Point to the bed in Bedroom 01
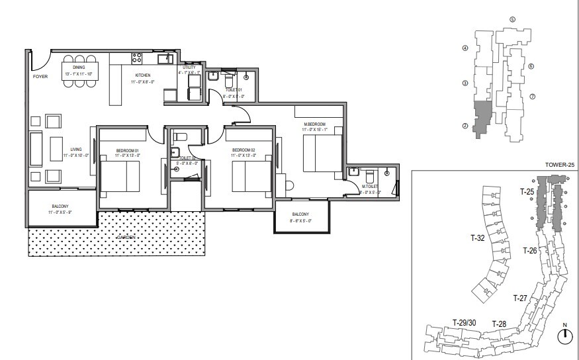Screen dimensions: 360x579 pyautogui.click(x=120, y=177)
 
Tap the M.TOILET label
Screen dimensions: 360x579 pyautogui.click(x=369, y=187)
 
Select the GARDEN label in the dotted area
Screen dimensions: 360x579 pyautogui.click(x=128, y=236)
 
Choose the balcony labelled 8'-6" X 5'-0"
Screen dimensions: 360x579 pyautogui.click(x=300, y=215)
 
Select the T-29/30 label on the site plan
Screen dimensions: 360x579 pyautogui.click(x=464, y=322)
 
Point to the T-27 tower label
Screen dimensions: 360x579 pyautogui.click(x=520, y=298)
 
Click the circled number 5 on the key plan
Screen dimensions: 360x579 pyautogui.click(x=512, y=20)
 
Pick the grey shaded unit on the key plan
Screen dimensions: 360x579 pyautogui.click(x=484, y=117)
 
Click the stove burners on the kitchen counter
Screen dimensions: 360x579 pyautogui.click(x=137, y=58)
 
